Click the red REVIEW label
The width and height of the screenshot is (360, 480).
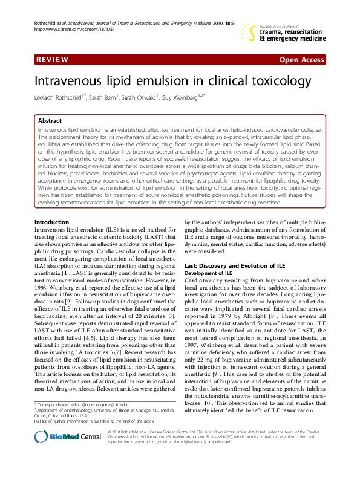click(x=51, y=60)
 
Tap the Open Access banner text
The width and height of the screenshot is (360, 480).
click(x=301, y=60)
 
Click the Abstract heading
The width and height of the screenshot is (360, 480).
click(x=50, y=121)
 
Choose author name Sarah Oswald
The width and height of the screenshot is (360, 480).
click(x=142, y=97)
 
